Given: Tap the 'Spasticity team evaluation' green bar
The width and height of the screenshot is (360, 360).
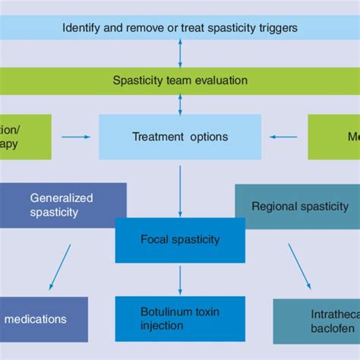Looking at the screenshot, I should pos(180,80).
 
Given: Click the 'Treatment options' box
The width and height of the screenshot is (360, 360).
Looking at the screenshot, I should pos(180,137).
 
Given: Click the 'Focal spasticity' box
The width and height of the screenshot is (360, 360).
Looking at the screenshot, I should pos(180,239).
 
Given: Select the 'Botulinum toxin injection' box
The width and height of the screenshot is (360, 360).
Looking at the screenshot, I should pos(180,318).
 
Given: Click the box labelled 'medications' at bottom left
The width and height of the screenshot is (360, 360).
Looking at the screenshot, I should pos(43,319).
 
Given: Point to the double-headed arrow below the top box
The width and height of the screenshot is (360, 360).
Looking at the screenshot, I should pos(180,54).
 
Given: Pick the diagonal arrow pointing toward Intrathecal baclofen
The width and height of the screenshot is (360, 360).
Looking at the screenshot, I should pos(299,267).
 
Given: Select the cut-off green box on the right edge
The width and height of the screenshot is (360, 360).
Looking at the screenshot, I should pos(333,137).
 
